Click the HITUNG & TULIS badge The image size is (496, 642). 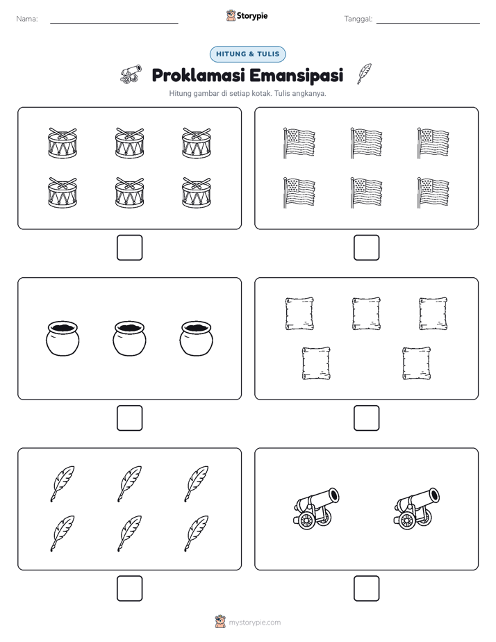coord(247,54)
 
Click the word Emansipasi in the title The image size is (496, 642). coord(296,75)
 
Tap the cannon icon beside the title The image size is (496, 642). coord(131,74)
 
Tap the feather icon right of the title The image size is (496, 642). coord(364,74)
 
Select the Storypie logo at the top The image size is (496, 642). coord(247,16)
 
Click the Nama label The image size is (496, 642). coord(27,19)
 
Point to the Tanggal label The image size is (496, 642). coord(358,19)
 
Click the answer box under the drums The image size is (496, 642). coord(130,248)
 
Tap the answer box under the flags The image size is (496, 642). coord(366,248)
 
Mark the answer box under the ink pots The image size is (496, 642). coord(130,418)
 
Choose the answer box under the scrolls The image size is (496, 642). coord(366,418)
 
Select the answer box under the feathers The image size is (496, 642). coord(130,588)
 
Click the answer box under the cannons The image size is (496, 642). coord(366,588)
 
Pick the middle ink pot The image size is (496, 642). coord(129,338)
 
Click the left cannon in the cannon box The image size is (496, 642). coord(316,509)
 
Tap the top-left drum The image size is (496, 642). coord(63,143)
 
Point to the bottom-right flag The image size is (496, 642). coord(433,192)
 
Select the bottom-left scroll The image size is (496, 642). coord(316,363)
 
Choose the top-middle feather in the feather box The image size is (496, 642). coord(129,484)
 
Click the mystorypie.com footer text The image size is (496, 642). coord(254,623)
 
